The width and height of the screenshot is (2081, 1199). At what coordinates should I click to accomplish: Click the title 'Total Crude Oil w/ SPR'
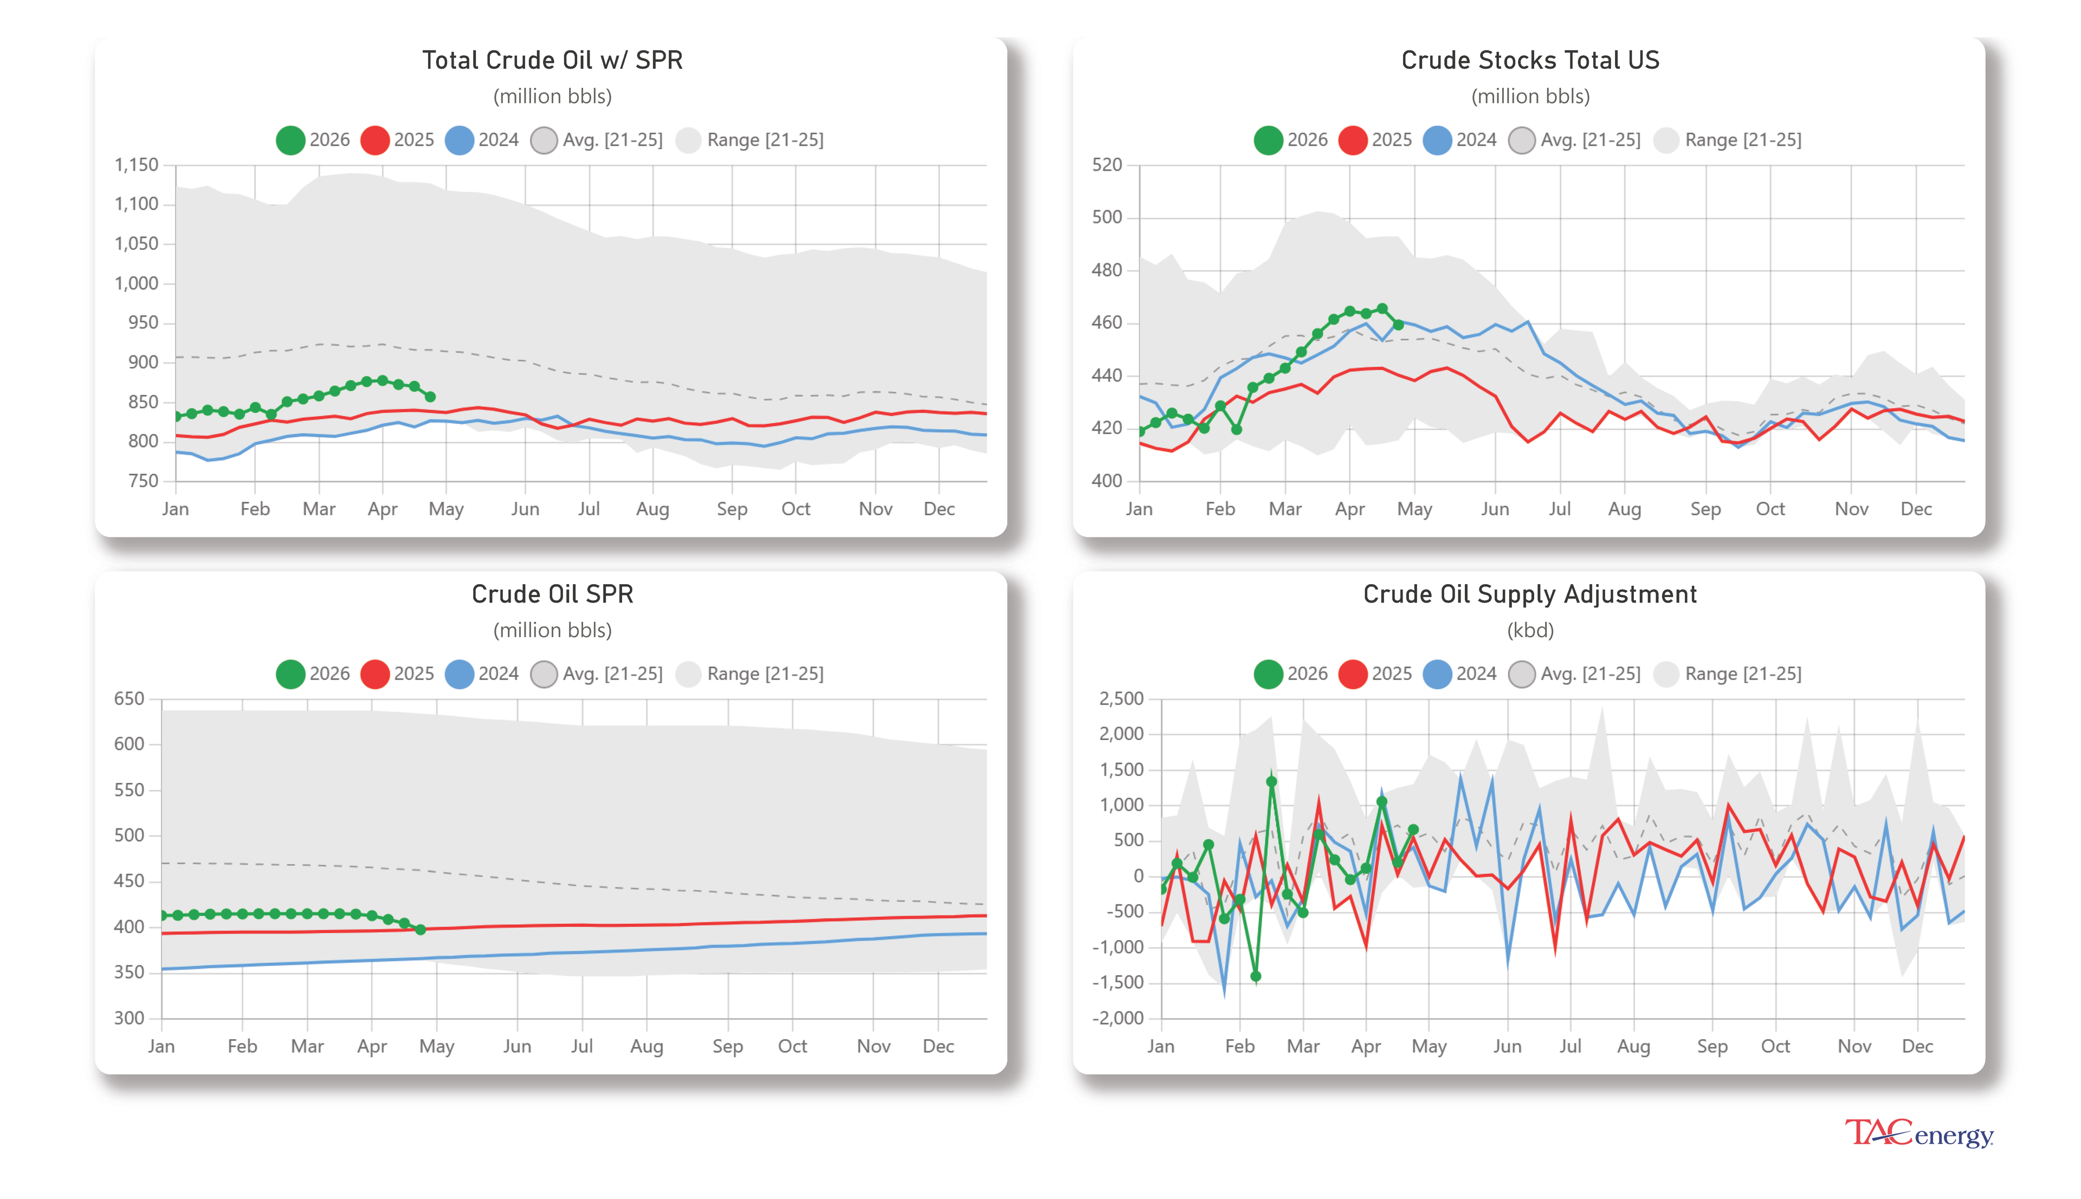point(552,60)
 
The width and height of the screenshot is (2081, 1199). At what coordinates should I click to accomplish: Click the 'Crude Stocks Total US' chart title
point(1529,60)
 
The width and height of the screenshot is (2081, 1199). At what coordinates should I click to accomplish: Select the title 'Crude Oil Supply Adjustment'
point(1529,594)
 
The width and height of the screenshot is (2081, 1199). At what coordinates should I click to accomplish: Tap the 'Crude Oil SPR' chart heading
point(552,594)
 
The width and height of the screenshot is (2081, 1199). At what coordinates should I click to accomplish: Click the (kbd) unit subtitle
point(1529,630)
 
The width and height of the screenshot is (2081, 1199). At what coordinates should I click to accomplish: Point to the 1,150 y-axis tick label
point(136,165)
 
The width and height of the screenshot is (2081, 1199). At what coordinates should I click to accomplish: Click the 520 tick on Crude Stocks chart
point(1106,165)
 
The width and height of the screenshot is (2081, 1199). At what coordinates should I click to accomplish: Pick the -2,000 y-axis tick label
point(1117,1018)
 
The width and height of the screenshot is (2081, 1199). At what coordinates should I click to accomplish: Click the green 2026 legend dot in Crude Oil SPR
point(290,673)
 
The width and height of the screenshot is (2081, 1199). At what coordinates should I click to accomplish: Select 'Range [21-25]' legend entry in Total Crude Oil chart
point(749,140)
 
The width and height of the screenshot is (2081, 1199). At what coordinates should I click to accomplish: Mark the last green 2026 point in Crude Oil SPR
point(421,930)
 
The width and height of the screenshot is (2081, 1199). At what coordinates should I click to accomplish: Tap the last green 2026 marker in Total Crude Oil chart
point(430,397)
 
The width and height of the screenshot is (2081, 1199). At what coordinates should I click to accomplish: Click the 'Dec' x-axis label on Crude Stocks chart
point(1916,509)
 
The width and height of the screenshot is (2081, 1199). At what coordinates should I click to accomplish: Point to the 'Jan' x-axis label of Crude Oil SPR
point(161,1046)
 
